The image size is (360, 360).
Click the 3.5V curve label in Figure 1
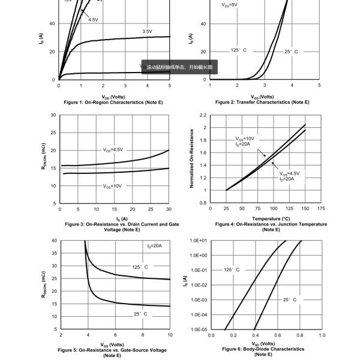[147, 31]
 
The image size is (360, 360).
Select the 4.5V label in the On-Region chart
[93, 20]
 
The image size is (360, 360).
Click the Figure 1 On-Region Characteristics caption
[113, 103]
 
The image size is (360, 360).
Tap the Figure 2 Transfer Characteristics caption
[262, 103]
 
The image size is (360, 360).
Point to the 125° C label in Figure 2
[238, 50]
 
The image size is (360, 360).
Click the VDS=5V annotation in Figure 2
[229, 4]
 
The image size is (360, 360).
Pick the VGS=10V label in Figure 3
[112, 186]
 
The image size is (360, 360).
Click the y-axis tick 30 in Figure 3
[53, 115]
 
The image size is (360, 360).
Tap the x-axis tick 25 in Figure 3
[151, 209]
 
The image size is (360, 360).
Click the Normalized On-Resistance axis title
[192, 159]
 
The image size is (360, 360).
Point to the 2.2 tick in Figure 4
[203, 115]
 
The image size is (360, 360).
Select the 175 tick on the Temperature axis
[321, 209]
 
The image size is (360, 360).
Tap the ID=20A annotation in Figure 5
[155, 246]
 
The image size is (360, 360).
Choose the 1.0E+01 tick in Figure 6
[199, 241]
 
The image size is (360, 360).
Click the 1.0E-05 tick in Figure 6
[199, 329]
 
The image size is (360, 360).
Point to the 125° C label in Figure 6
[232, 270]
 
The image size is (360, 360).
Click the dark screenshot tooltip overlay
[179, 68]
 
